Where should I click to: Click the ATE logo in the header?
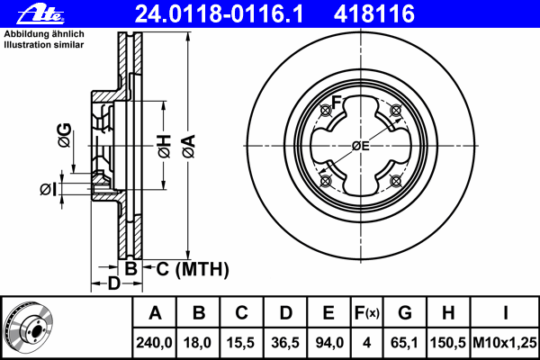tap(40, 14)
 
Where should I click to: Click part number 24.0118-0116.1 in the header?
tap(219, 14)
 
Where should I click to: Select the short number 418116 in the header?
tap(374, 14)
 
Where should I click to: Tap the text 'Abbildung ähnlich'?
tap(44, 34)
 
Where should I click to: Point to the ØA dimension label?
tap(189, 147)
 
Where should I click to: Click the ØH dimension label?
tap(165, 147)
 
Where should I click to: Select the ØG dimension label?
tap(65, 135)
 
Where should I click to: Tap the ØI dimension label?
tap(48, 190)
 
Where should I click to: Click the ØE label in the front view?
tap(361, 146)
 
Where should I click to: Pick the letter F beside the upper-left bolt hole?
tap(336, 102)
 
